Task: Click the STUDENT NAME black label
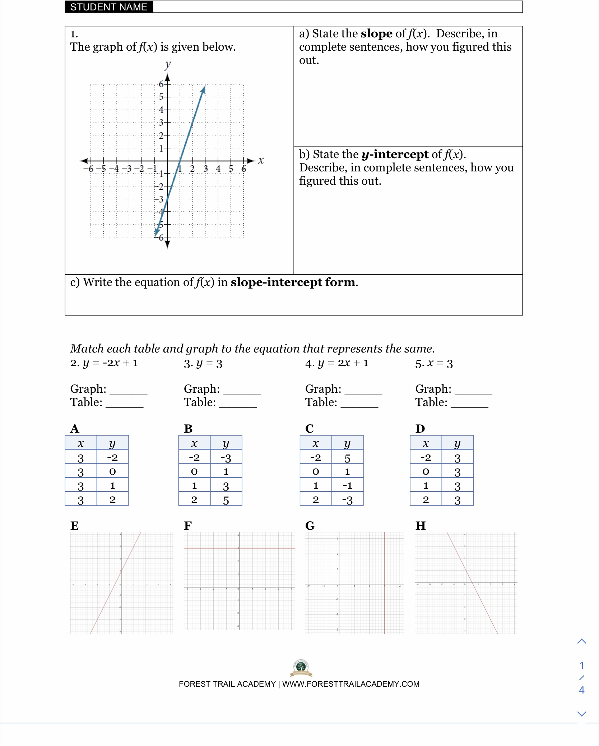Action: coord(109,7)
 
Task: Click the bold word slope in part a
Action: coord(376,33)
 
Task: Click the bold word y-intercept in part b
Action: coord(395,154)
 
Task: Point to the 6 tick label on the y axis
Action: coord(161,84)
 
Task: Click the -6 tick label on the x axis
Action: coord(88,169)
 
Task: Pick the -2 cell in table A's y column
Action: coord(112,457)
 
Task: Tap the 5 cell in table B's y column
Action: coord(226,500)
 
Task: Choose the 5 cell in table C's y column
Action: coord(347,458)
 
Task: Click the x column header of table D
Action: coord(426,443)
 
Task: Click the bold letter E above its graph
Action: coord(74,526)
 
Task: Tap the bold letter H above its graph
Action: coord(421,526)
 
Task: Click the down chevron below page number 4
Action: coord(581,714)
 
